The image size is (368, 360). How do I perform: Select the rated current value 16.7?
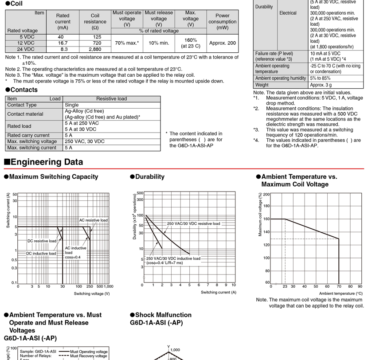point(63,43)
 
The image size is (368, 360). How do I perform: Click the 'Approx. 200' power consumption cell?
point(222,43)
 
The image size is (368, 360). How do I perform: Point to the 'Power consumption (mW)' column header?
point(222,21)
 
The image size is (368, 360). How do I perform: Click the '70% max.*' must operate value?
point(127,43)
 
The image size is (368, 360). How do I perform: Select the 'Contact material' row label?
point(25,114)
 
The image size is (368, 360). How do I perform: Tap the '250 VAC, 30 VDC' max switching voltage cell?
point(85,141)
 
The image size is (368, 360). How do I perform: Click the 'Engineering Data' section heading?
point(46,162)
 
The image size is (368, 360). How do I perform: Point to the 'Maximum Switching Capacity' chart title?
point(54,176)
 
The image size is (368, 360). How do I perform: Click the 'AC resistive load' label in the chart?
point(93,220)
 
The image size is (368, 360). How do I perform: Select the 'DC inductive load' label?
point(41,254)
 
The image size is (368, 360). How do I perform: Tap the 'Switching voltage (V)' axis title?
point(92,293)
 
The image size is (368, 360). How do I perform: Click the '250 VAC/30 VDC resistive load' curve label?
point(193,223)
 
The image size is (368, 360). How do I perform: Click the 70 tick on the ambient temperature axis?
point(339,286)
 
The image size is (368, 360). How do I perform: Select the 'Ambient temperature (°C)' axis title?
point(341,293)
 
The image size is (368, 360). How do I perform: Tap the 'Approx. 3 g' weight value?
point(321,85)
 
